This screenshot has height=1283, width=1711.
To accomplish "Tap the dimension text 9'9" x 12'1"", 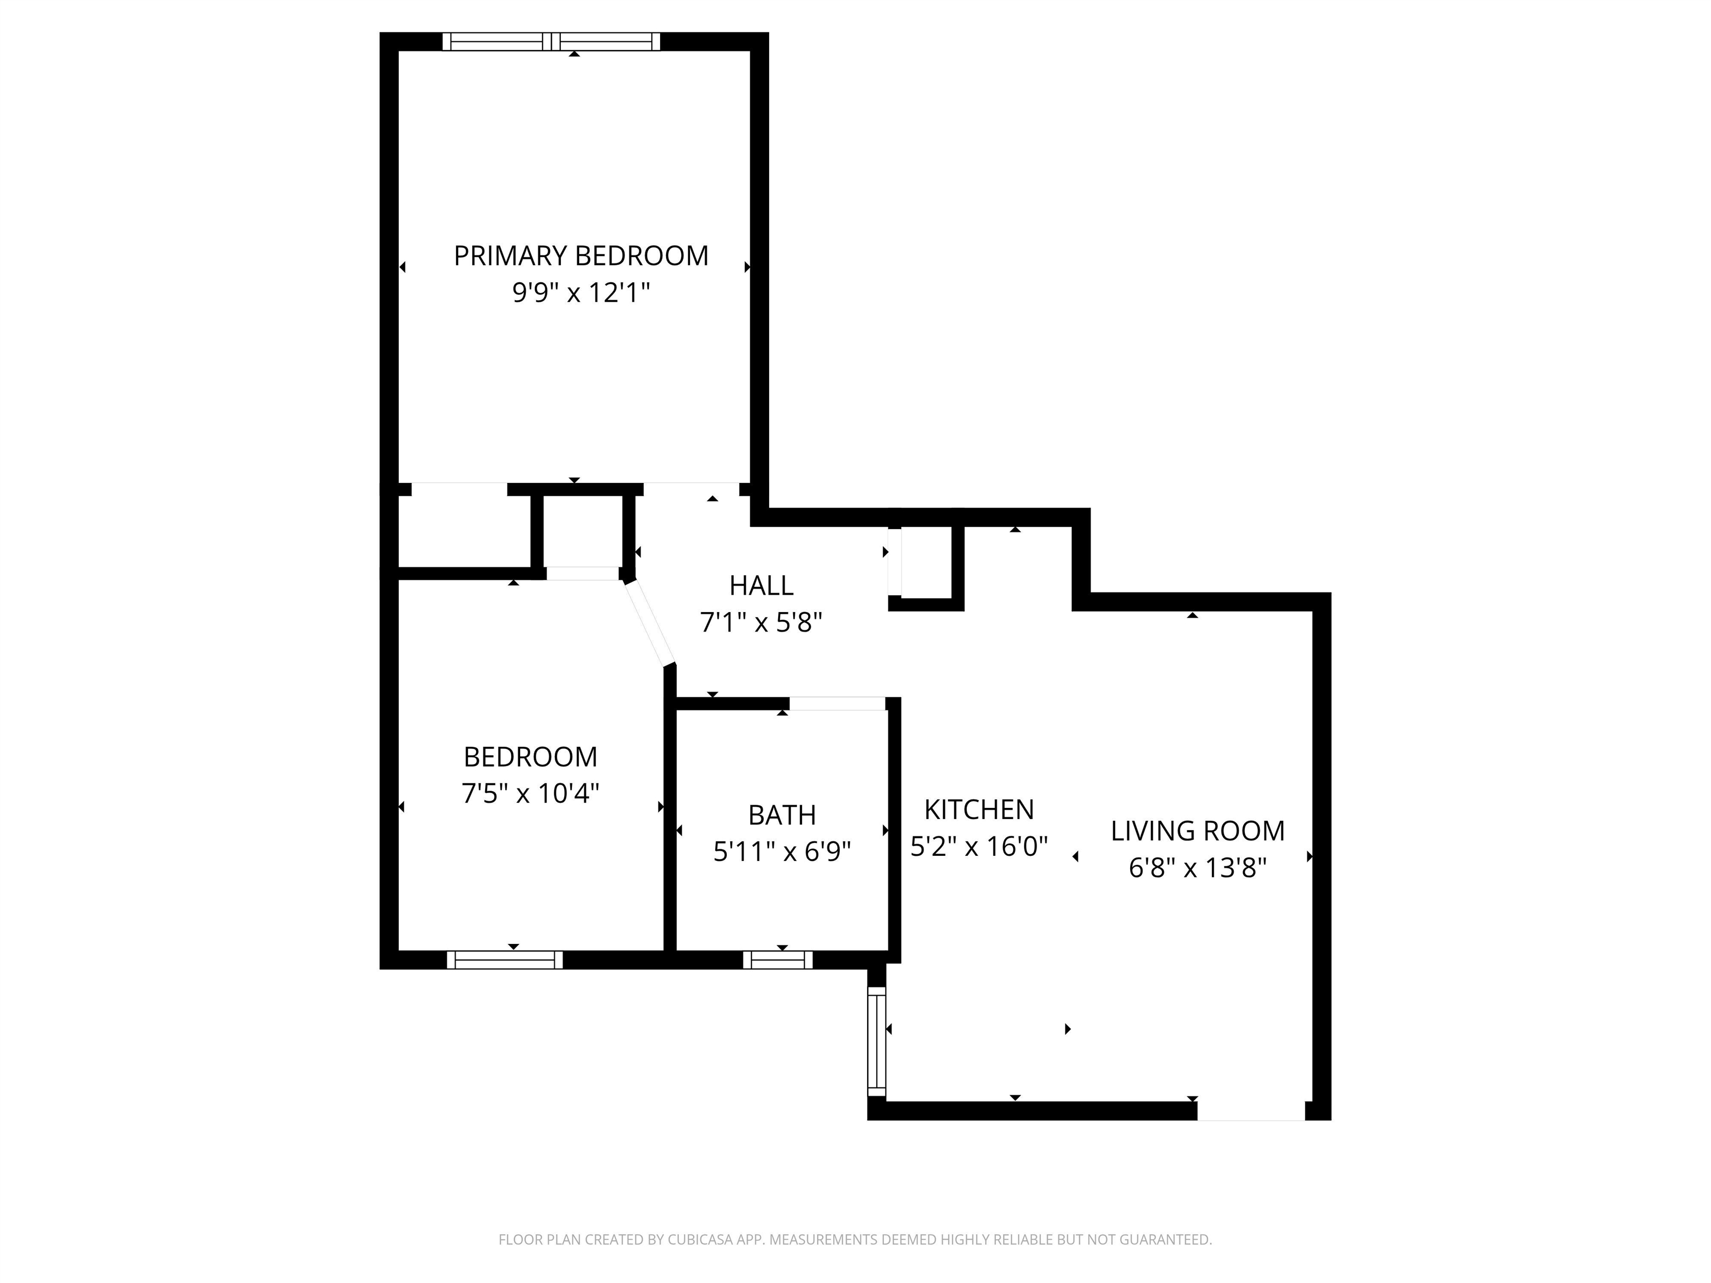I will point(580,293).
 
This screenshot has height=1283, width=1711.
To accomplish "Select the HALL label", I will point(761,585).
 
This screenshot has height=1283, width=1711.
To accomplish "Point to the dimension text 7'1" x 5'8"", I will point(761,622).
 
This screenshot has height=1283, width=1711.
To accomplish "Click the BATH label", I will point(781,815).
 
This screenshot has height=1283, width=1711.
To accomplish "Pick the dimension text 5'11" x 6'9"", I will point(781,851).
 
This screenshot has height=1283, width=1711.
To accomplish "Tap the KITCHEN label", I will point(979,810).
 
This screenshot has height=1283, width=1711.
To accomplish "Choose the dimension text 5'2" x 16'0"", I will point(979,846).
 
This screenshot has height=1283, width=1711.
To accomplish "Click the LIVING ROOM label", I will point(1197,831).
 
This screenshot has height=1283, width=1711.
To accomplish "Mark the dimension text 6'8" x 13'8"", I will point(1197,868).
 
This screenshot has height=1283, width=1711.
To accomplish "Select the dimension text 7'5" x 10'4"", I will point(531,794).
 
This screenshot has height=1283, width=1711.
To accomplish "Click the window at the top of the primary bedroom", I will point(551,42).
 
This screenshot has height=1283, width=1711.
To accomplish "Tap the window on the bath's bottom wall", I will point(778,959).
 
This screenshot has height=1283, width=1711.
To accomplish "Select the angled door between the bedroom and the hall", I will point(650,623).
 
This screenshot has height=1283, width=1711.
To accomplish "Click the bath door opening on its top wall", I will point(837,703).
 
